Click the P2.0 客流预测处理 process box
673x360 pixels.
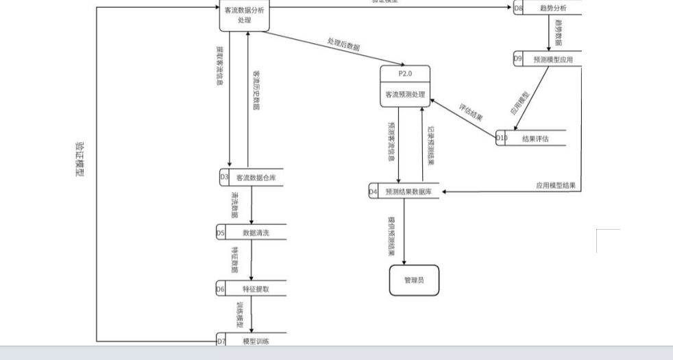click(404, 86)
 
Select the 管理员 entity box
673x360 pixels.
click(414, 280)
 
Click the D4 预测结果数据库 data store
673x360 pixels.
click(404, 192)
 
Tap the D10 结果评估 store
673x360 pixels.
click(532, 138)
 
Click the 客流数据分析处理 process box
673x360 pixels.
click(244, 15)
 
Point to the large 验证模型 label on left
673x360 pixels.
click(79, 160)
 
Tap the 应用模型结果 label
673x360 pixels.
click(555, 186)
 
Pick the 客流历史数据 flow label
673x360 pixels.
click(256, 89)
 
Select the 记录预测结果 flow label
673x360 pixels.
click(430, 145)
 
